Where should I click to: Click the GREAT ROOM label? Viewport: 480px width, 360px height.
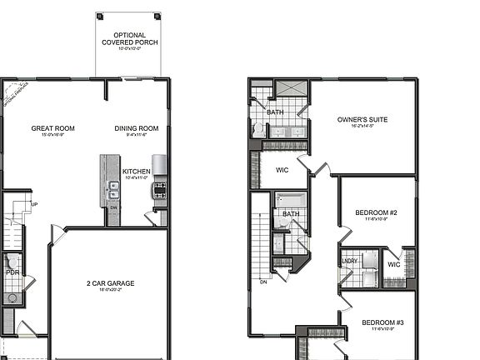point(53,128)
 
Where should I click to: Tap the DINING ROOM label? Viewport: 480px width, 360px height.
point(137,128)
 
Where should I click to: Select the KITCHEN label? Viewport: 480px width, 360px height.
point(137,172)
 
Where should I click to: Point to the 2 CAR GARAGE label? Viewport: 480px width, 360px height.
point(110,283)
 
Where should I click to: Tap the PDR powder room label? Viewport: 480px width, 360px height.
point(12,272)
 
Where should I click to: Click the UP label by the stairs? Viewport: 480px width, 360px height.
point(34,204)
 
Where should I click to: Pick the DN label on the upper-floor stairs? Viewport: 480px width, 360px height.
point(263,281)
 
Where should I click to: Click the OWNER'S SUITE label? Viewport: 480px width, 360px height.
point(362,120)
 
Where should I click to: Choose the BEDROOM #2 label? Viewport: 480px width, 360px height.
point(376,213)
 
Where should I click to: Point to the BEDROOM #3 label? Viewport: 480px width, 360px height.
point(382,322)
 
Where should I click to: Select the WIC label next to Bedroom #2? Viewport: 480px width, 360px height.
point(394,266)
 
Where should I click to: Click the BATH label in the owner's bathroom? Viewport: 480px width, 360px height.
point(275,112)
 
